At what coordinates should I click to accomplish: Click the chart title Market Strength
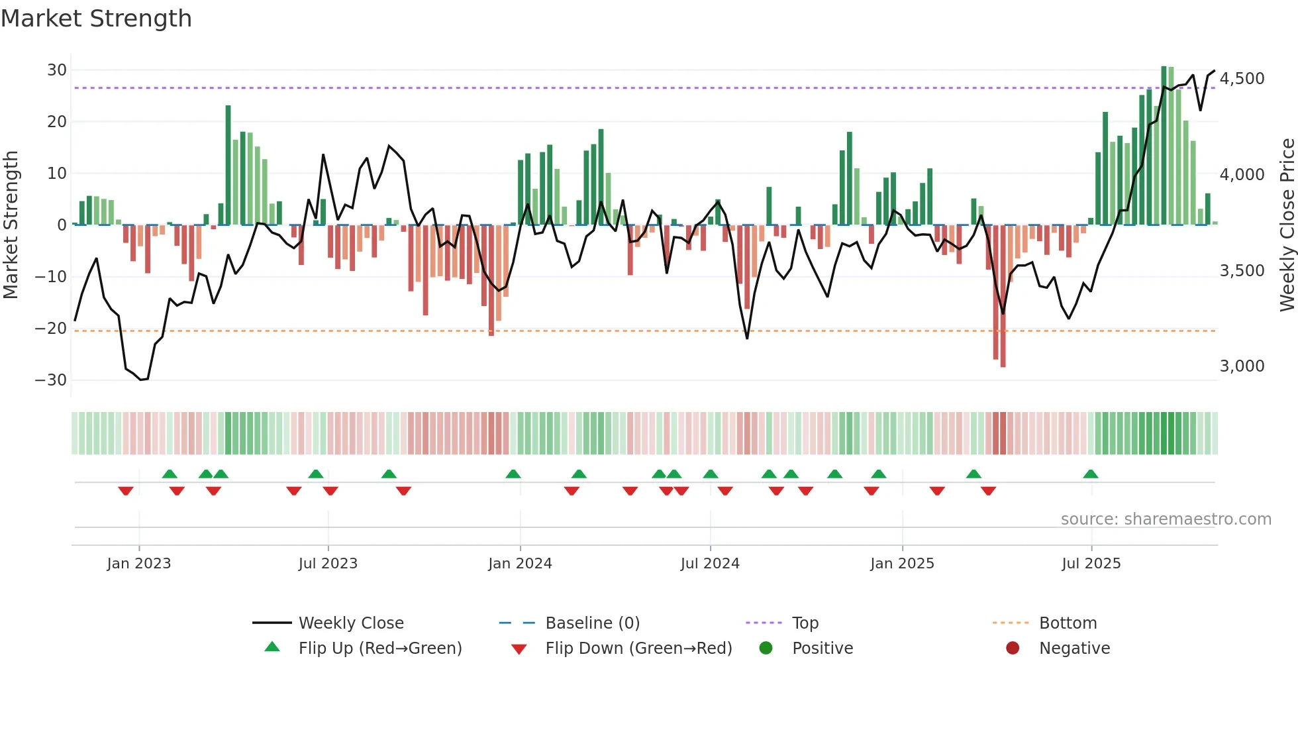point(96,19)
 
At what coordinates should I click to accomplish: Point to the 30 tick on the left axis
point(57,70)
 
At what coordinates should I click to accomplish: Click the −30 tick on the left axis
point(51,380)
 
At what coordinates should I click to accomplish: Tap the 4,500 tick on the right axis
point(1242,79)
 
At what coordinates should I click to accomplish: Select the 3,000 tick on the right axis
point(1242,366)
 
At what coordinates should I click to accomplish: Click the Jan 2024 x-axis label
point(520,564)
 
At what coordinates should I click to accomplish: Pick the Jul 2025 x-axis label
point(1091,564)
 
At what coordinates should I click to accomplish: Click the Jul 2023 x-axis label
point(328,564)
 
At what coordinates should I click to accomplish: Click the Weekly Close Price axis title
point(1287,225)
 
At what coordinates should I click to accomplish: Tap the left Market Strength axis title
point(11,225)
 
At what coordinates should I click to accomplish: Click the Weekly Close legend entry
point(350,623)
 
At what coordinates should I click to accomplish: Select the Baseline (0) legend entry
point(592,623)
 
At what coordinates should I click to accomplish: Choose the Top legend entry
point(805,623)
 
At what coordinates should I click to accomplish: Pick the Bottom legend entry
point(1068,623)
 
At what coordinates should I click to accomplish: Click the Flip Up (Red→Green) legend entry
point(379,649)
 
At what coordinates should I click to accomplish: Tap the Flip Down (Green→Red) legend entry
point(638,649)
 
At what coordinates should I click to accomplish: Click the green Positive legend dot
point(766,649)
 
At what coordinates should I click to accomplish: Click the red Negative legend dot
point(1013,649)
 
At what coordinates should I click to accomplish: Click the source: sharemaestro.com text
point(1166,519)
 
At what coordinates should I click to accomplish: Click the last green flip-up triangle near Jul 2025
point(1091,474)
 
